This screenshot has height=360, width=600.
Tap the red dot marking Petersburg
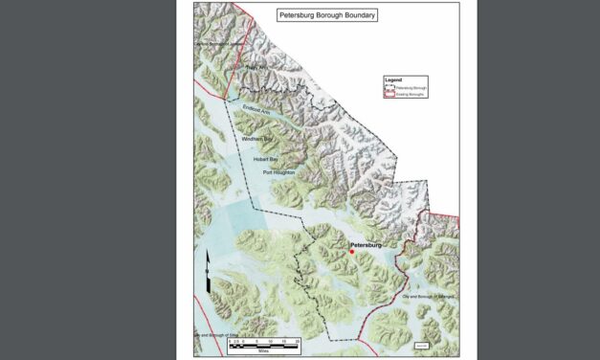point(351,252)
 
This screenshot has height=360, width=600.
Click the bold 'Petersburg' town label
point(366,245)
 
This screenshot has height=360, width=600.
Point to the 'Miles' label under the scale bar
point(251,349)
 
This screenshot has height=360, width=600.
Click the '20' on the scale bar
point(298,340)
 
